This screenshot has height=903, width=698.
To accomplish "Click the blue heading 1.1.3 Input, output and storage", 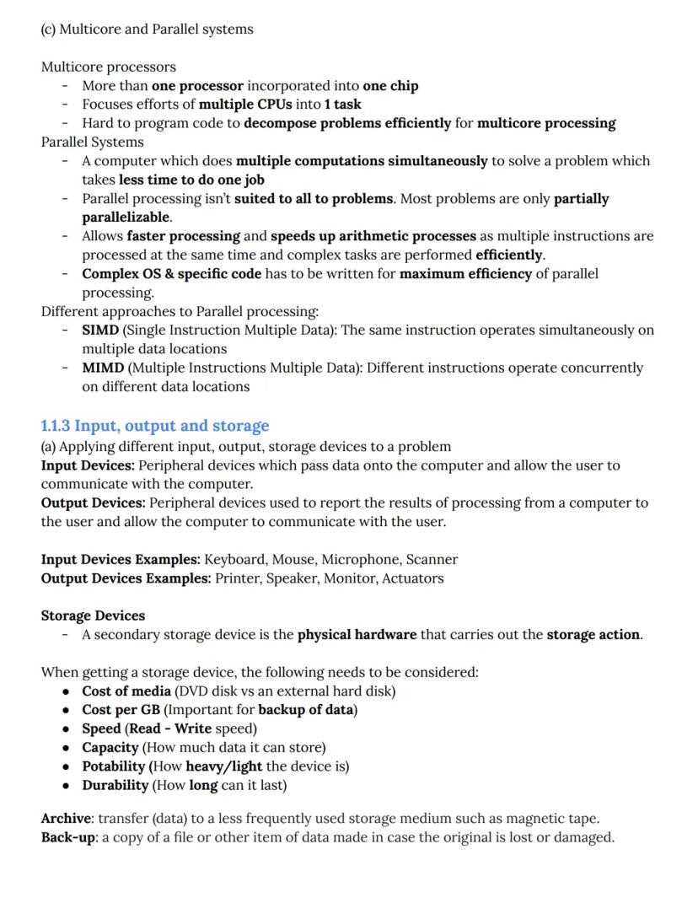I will point(155,426).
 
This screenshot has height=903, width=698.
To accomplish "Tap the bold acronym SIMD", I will point(100,330).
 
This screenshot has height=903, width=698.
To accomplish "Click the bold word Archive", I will point(67,818).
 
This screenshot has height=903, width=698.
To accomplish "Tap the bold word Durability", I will point(115,785).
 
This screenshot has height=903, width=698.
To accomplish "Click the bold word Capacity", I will point(110,747).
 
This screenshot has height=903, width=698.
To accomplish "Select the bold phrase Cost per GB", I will point(121,709).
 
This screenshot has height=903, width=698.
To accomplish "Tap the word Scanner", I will point(432,559).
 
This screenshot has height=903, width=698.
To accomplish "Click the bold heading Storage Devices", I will point(93,615).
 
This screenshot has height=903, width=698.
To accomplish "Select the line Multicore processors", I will point(109,67).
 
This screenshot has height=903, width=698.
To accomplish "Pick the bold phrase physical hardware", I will point(357,634).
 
